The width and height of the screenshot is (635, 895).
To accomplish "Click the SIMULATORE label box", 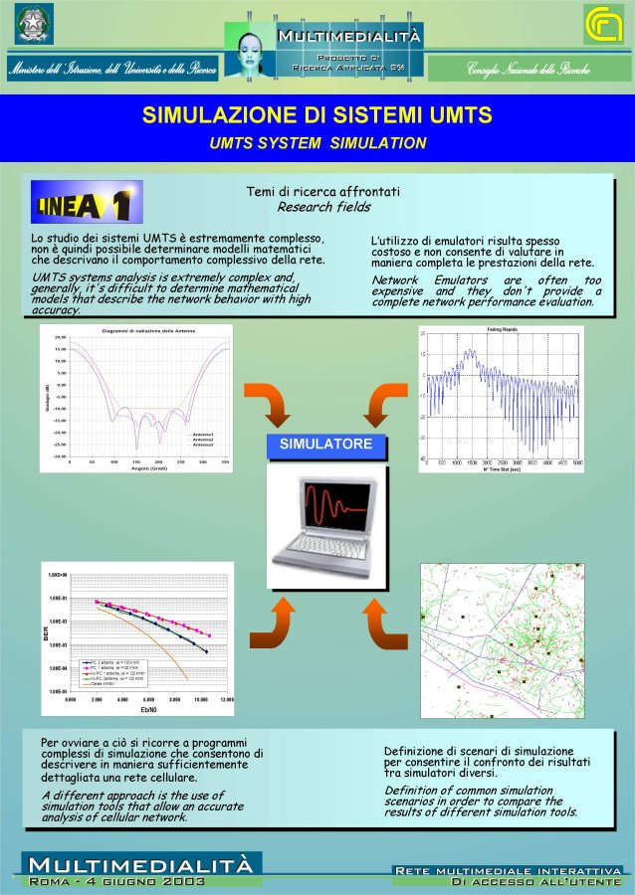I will [x=325, y=445].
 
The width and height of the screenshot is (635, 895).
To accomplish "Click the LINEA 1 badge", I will [x=87, y=203].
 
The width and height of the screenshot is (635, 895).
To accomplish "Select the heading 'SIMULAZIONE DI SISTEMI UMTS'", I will [x=317, y=115].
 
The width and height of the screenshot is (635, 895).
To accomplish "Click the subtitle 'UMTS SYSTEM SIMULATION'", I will [x=317, y=143].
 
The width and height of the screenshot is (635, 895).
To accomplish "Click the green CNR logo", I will [x=604, y=23].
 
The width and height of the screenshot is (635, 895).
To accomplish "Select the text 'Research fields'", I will [x=323, y=207].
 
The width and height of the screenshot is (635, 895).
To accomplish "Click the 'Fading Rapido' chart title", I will [x=501, y=328].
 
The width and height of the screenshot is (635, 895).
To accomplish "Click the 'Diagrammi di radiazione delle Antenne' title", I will [x=149, y=330].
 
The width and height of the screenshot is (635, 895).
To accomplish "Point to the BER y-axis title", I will [x=46, y=632].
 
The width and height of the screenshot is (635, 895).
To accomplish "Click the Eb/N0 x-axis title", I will [x=149, y=709].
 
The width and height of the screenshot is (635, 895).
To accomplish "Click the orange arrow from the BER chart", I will [x=271, y=623].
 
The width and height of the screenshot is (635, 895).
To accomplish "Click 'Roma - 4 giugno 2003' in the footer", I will [x=117, y=881].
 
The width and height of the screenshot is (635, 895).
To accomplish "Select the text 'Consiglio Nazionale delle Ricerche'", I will [x=529, y=69].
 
